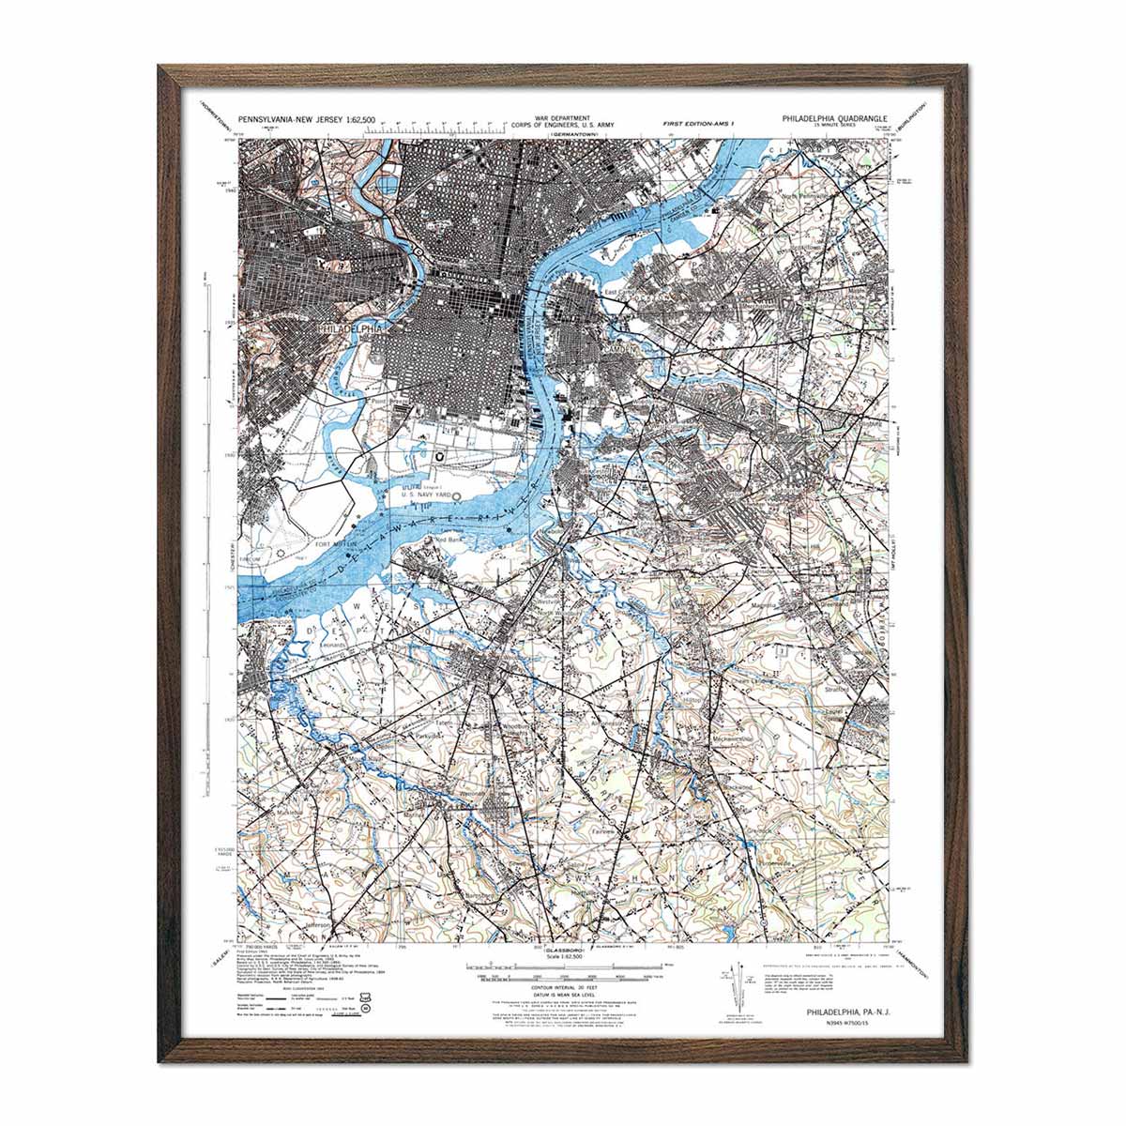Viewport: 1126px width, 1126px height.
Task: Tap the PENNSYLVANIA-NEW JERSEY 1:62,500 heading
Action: point(307,120)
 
